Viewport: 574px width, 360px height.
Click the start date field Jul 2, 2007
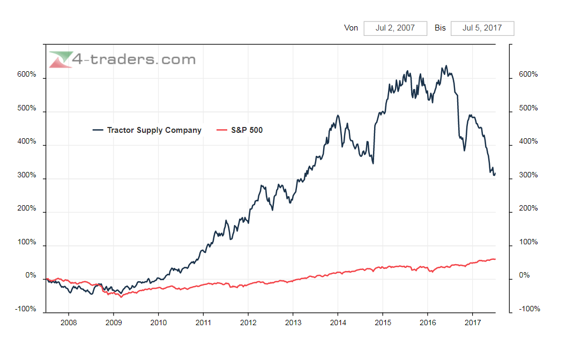click(x=395, y=28)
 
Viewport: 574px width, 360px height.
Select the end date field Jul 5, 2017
click(x=482, y=28)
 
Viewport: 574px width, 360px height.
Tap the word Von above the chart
click(x=351, y=28)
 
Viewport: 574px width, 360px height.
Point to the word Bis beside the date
click(x=440, y=28)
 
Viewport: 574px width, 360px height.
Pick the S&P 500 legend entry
click(x=240, y=130)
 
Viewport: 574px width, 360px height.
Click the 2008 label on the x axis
click(x=69, y=322)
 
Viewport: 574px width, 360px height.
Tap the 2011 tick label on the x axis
click(x=203, y=322)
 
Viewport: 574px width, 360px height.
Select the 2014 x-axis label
click(x=338, y=322)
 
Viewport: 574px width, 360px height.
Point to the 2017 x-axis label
click(x=472, y=322)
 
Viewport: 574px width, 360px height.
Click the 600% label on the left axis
click(x=26, y=75)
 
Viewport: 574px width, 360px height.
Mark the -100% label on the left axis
click(x=26, y=309)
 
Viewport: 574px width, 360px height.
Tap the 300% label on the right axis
click(x=528, y=175)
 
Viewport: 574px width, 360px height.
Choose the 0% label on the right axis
click(x=525, y=275)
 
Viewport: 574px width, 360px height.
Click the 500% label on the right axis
click(x=528, y=108)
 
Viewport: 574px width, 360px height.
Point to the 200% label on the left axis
click(x=26, y=209)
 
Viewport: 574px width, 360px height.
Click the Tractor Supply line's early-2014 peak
click(x=338, y=115)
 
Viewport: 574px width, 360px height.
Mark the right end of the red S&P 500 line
click(x=495, y=259)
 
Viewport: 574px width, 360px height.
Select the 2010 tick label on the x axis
click(x=158, y=322)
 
